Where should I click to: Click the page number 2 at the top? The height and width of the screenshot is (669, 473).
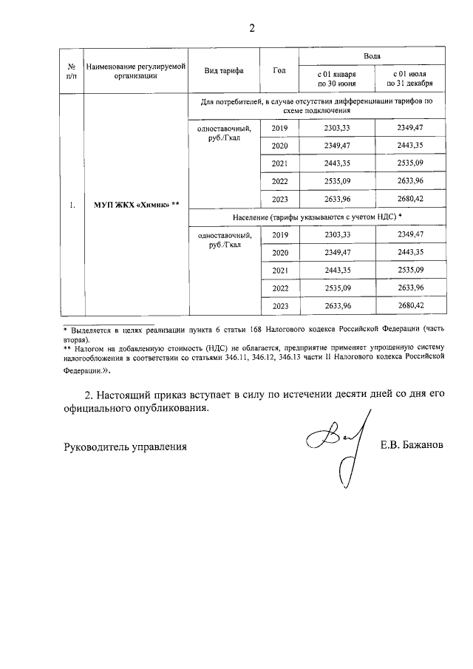tap(251, 29)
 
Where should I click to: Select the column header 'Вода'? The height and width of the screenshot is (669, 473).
tap(372, 56)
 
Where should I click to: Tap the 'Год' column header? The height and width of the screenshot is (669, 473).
tap(279, 71)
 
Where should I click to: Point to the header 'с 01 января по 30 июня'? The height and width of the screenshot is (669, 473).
tap(336, 79)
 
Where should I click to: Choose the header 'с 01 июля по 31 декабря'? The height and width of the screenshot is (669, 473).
tap(409, 79)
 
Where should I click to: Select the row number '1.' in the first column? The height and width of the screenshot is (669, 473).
tap(72, 206)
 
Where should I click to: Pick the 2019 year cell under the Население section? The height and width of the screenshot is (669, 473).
tap(279, 234)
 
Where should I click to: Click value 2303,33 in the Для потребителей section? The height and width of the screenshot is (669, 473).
tap(336, 129)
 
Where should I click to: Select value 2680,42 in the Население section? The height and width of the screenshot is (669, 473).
tap(409, 305)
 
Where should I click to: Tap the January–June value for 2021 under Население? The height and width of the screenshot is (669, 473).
tap(336, 270)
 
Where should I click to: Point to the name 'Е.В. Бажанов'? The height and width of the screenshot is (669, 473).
tap(412, 446)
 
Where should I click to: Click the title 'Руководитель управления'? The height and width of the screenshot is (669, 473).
tap(123, 446)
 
